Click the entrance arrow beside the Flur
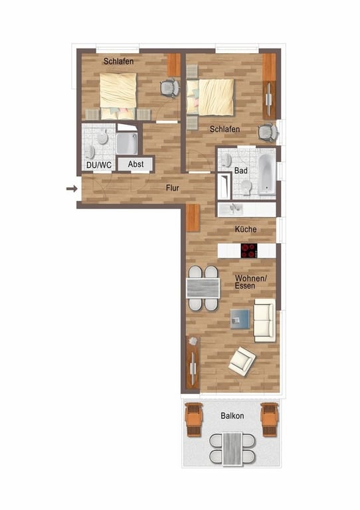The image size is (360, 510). [72, 189]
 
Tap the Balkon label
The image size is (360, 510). [232, 416]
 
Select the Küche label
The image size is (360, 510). [246, 229]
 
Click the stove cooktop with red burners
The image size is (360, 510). [249, 251]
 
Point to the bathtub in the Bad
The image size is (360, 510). [267, 174]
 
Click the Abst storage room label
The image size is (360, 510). [135, 164]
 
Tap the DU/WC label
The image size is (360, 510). [99, 165]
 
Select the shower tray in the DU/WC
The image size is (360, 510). [127, 143]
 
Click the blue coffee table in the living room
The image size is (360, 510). [240, 319]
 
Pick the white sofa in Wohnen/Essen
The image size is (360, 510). [264, 320]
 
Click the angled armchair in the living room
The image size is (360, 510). [242, 361]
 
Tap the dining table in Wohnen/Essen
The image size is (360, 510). [203, 288]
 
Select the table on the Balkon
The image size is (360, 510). [232, 448]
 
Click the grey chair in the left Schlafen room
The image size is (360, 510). [170, 88]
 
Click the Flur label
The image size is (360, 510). [172, 188]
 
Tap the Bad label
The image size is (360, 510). [240, 171]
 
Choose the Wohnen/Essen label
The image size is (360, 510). [250, 282]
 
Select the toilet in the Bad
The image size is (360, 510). [246, 187]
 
